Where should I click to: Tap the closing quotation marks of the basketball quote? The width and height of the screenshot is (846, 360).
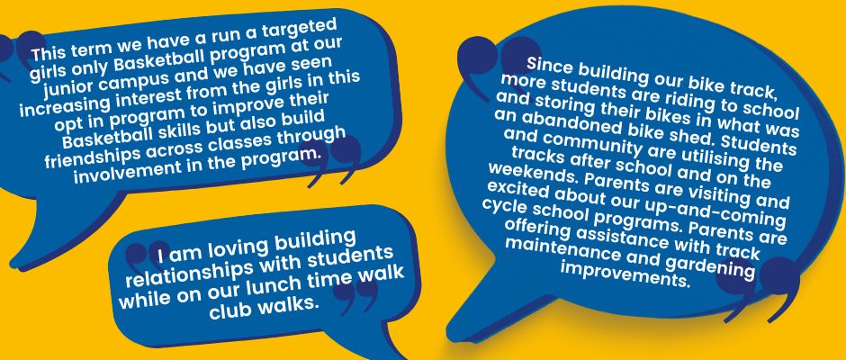(335, 160)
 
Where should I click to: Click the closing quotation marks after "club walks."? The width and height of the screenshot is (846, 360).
(354, 295)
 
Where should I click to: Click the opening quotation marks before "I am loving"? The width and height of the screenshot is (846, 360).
(147, 256)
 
